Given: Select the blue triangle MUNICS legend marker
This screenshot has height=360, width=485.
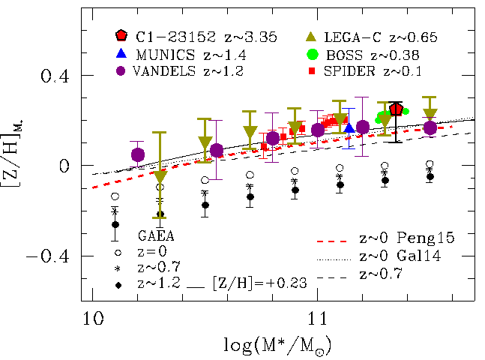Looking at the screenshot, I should pyautogui.click(x=121, y=53).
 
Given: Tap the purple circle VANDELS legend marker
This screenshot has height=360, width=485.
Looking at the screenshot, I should pyautogui.click(x=121, y=71).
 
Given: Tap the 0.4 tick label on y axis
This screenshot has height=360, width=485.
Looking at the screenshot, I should pyautogui.click(x=58, y=76).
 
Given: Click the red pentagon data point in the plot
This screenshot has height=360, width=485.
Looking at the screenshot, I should pyautogui.click(x=397, y=109).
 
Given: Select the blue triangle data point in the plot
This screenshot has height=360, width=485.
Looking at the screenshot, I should pyautogui.click(x=349, y=128).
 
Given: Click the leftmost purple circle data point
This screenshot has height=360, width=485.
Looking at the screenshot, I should pyautogui.click(x=137, y=154).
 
